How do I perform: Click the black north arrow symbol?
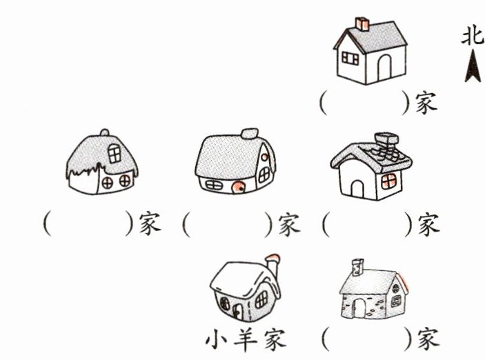click(473, 68)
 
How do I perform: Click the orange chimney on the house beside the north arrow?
click(362, 24)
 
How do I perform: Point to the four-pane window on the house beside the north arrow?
click(350, 56)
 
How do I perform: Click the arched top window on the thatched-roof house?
click(114, 153)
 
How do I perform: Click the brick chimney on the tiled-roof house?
click(384, 143)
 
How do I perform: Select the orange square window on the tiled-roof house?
click(389, 180)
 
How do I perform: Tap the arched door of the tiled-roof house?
click(358, 187)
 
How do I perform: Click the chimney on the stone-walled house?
click(357, 265)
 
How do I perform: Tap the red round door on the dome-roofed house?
click(237, 187)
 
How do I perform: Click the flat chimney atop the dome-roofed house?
click(250, 132)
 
